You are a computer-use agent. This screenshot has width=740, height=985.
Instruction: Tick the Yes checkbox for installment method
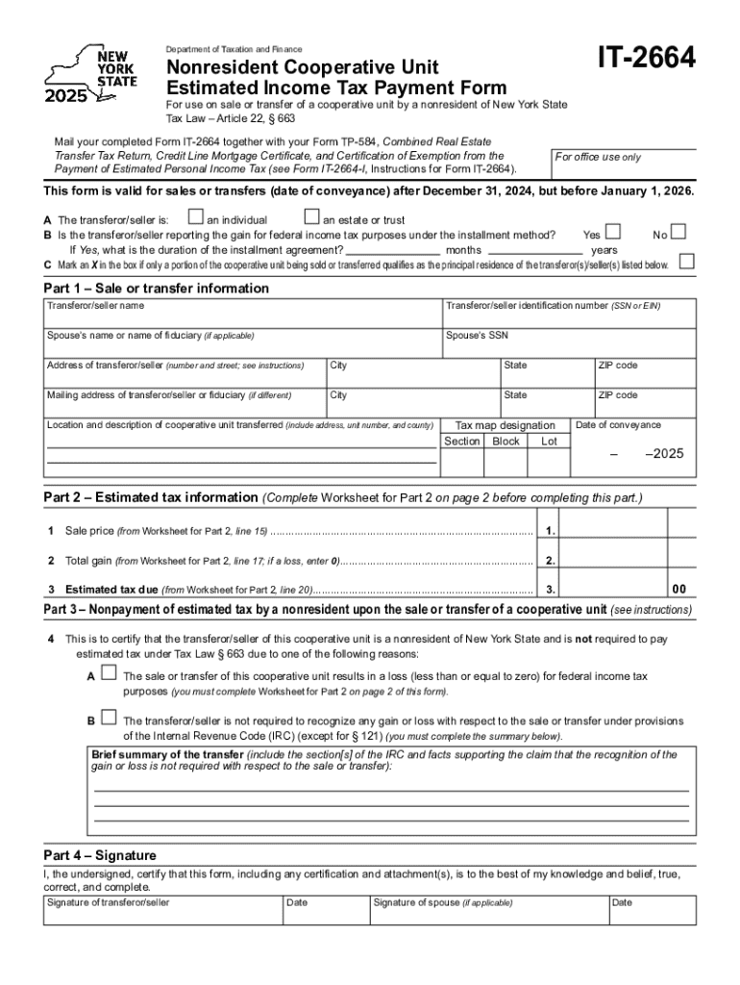click(612, 232)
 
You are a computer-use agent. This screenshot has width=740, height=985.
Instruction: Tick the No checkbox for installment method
click(678, 232)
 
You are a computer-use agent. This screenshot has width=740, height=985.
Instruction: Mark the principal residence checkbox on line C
click(686, 262)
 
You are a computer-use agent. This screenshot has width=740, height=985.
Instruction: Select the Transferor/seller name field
click(241, 317)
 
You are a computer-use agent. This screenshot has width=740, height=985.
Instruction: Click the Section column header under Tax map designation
click(461, 442)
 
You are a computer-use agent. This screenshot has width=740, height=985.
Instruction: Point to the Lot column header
click(549, 442)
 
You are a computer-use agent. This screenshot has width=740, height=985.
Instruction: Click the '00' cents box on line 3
click(679, 589)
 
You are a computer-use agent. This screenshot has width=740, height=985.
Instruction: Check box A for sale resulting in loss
click(109, 673)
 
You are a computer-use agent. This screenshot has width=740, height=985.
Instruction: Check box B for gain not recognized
click(109, 718)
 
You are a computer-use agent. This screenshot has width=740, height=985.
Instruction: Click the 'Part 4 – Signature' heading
click(100, 855)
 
